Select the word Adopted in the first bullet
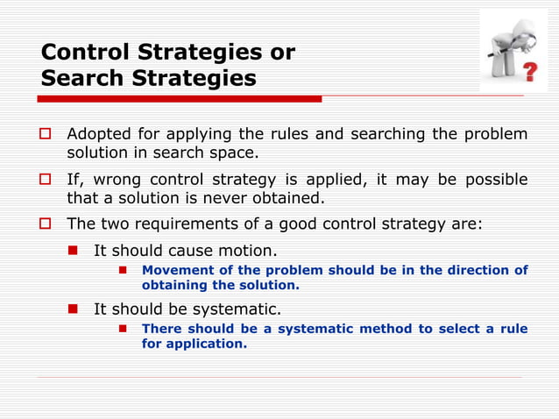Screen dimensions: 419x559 (x=100, y=134)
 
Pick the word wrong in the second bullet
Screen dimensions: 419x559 (x=119, y=180)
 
